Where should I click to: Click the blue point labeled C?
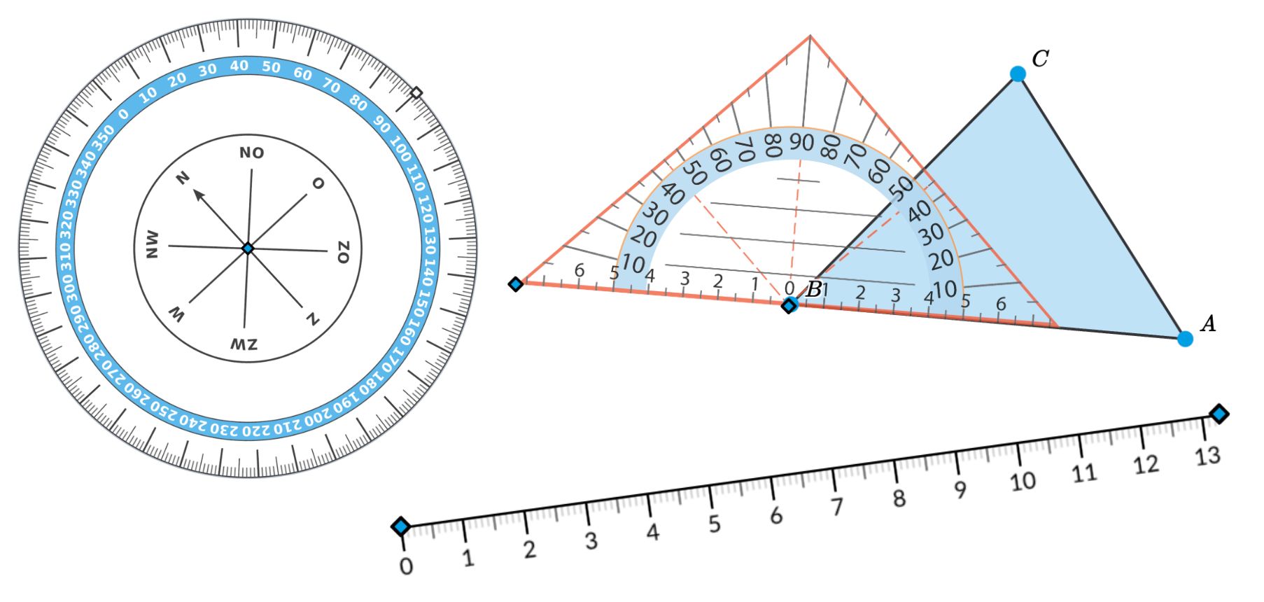[1018, 73]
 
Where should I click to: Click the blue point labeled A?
[1185, 339]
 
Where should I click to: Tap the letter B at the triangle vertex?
[814, 289]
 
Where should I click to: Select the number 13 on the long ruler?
[1207, 456]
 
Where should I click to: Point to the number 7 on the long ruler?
[837, 506]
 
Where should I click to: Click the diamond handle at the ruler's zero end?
[401, 526]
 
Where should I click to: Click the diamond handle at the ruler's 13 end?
[1219, 414]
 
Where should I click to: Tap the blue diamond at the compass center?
[248, 248]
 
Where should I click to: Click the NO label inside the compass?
[251, 153]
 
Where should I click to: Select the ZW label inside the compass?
[244, 344]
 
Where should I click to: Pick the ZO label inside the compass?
[342, 252]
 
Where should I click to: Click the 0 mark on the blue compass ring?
[124, 114]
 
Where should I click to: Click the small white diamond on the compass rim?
[416, 92]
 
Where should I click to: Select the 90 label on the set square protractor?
[802, 142]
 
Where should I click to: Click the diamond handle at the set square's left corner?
[516, 283]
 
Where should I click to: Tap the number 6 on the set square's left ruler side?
[579, 269]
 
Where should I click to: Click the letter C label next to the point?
[1040, 58]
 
